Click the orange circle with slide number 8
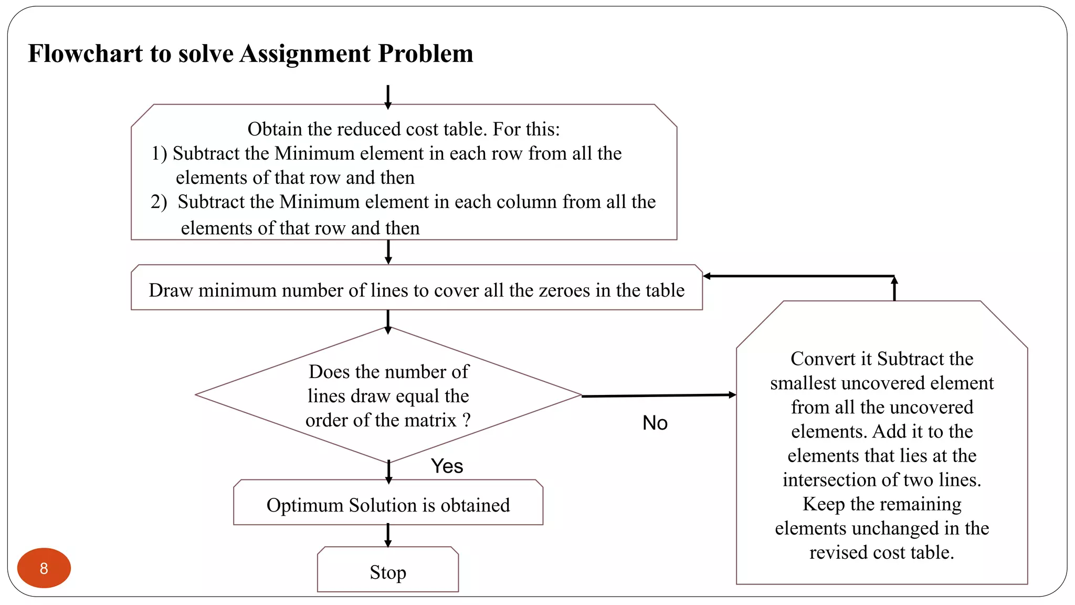tap(44, 568)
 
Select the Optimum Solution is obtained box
tap(388, 504)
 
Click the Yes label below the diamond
tap(447, 466)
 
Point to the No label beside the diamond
tap(655, 423)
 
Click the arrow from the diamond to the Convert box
tap(659, 395)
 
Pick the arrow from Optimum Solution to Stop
tap(388, 535)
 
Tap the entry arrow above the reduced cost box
tap(388, 97)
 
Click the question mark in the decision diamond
tap(466, 420)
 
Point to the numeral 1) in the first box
tap(159, 153)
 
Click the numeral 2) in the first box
tap(159, 202)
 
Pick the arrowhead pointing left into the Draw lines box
tap(707, 276)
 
